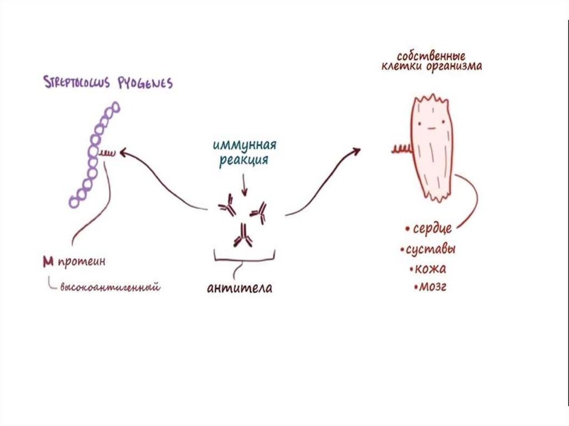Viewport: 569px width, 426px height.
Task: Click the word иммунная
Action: click(x=244, y=147)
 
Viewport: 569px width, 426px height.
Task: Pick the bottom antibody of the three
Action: click(x=242, y=236)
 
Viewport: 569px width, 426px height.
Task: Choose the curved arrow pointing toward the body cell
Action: click(x=322, y=178)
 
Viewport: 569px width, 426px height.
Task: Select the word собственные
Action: click(x=431, y=56)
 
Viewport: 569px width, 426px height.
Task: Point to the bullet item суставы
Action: click(x=431, y=249)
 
